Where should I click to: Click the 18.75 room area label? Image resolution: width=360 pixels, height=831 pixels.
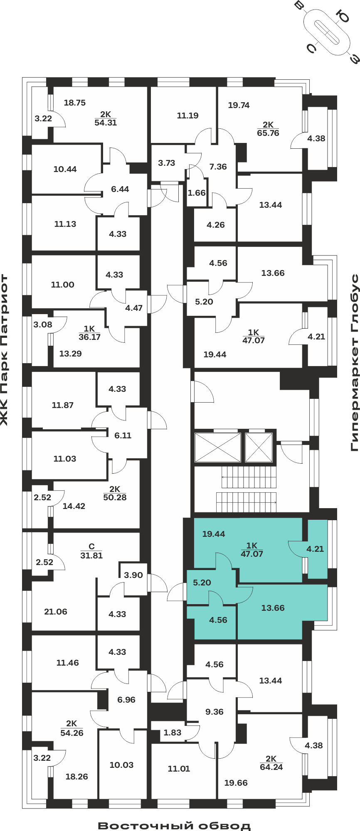pyautogui.click(x=75, y=103)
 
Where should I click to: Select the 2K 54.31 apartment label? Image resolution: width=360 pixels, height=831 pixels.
pyautogui.click(x=106, y=118)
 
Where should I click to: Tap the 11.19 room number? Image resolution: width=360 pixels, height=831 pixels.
pyautogui.click(x=187, y=116)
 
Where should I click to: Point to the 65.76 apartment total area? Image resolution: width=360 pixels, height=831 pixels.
pyautogui.click(x=268, y=133)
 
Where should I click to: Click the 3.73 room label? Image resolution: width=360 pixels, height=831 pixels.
pyautogui.click(x=167, y=163)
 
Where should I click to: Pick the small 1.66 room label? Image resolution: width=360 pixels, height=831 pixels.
pyautogui.click(x=197, y=193)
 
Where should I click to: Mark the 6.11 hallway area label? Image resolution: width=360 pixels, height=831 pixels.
pyautogui.click(x=123, y=435)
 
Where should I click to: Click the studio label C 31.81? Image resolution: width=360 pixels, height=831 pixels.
pyautogui.click(x=91, y=551)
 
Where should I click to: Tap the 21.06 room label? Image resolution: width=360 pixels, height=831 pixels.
pyautogui.click(x=56, y=612)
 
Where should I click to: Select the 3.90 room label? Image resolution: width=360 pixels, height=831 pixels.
pyautogui.click(x=133, y=575)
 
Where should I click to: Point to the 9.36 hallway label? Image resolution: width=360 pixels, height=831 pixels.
pyautogui.click(x=215, y=712)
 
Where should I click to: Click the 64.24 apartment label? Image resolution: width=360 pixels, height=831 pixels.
pyautogui.click(x=271, y=767)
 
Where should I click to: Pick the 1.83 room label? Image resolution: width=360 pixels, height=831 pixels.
pyautogui.click(x=173, y=733)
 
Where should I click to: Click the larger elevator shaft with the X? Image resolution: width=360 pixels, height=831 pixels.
pyautogui.click(x=218, y=447)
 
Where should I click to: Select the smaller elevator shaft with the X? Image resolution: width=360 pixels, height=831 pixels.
pyautogui.click(x=259, y=447)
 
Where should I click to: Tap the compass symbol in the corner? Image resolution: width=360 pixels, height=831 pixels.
pyautogui.click(x=327, y=32)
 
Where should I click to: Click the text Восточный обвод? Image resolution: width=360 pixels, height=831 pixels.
pyautogui.click(x=174, y=825)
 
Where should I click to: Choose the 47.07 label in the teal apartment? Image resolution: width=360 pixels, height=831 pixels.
pyautogui.click(x=252, y=553)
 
